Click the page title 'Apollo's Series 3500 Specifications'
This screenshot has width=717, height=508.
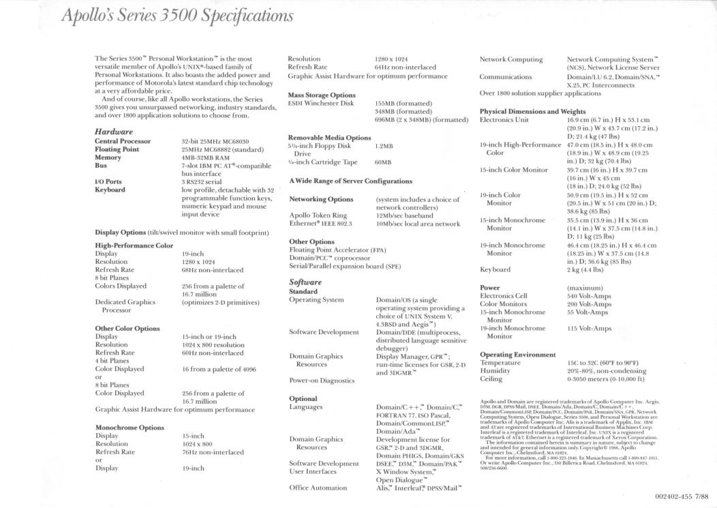point(178,15)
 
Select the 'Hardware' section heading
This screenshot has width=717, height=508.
point(114,131)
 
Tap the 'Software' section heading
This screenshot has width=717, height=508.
point(305,282)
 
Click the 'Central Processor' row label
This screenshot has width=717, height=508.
point(123,142)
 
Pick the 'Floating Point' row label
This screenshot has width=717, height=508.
point(117,149)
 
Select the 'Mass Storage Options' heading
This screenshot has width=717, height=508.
point(322,95)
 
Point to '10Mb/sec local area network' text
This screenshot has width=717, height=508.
point(418,223)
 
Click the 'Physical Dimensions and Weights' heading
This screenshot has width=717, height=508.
point(532,111)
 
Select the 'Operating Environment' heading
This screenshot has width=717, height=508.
point(517,355)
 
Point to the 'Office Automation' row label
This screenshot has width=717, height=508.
point(318,488)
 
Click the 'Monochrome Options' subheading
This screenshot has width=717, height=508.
point(129,428)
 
